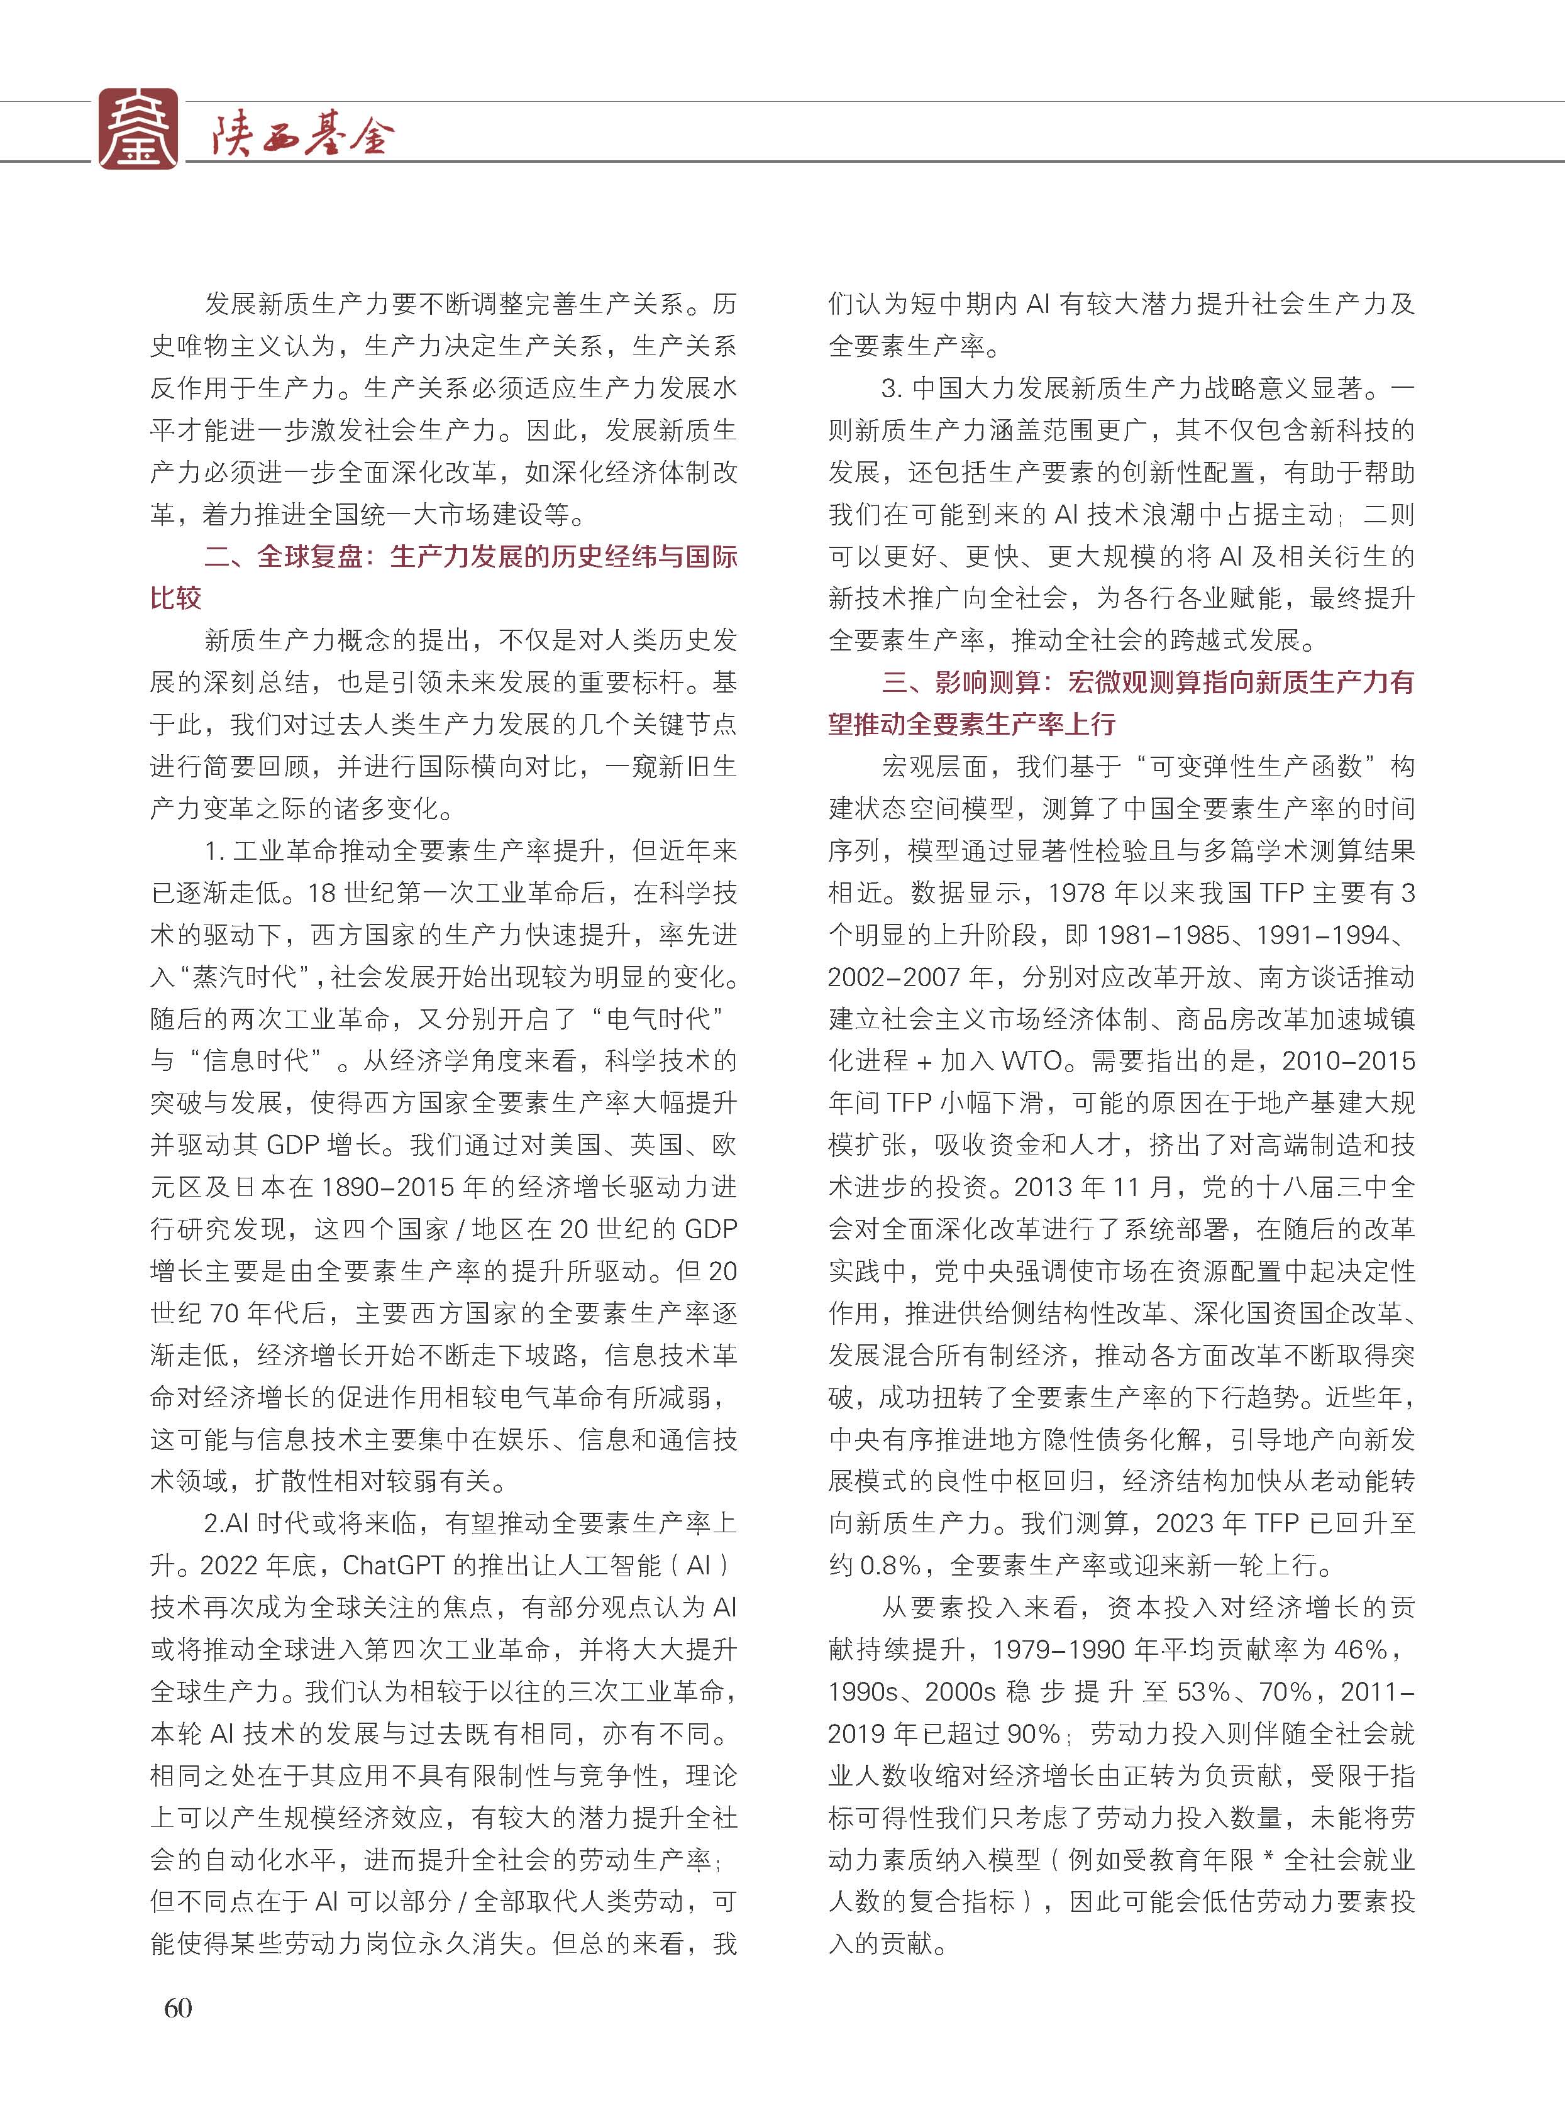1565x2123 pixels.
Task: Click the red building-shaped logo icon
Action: coord(138,129)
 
